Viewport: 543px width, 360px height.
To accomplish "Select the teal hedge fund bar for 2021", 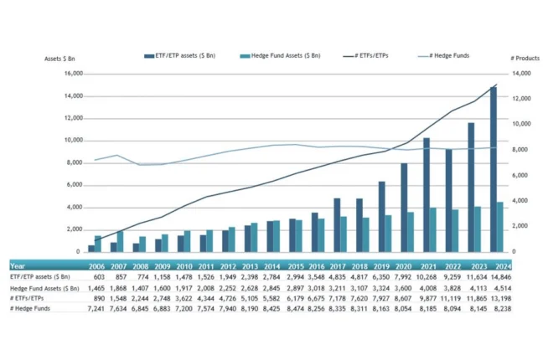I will click(x=433, y=229).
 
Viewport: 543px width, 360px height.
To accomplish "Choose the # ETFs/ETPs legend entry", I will click(x=367, y=56).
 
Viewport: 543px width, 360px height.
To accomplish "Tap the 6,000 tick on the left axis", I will click(x=75, y=185).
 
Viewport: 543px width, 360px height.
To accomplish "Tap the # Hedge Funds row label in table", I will click(x=31, y=309).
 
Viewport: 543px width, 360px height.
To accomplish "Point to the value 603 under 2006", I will click(x=98, y=275).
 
